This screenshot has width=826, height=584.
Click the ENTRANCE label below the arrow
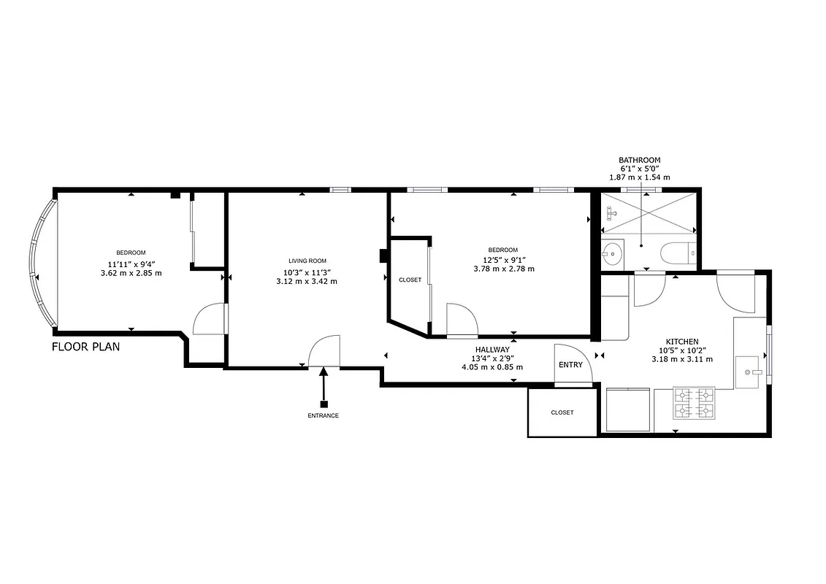coord(323,415)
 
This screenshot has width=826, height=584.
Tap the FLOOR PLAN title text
coord(85,347)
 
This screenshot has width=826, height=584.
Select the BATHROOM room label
coord(639,160)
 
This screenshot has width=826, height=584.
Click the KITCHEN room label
coord(681,342)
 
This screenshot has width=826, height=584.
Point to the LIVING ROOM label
coord(307,261)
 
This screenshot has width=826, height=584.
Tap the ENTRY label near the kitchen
coord(570,365)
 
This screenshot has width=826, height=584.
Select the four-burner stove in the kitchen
coord(694,403)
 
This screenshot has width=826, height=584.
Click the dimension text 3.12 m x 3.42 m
coord(307,281)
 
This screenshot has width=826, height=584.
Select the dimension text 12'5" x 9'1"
coord(503,260)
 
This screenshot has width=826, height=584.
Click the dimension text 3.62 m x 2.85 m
coord(131,273)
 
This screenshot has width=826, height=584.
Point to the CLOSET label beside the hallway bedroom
coord(410,280)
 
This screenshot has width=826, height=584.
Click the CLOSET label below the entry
coord(562,412)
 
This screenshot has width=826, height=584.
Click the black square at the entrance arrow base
coord(324,404)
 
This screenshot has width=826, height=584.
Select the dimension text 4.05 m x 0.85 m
coord(493,366)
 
